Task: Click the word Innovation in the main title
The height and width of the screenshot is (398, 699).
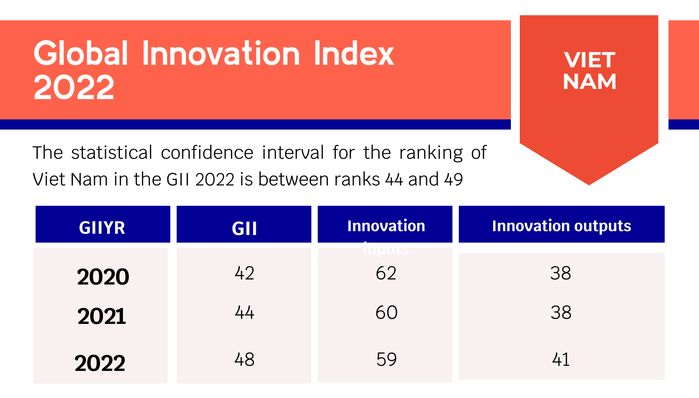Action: pyautogui.click(x=221, y=54)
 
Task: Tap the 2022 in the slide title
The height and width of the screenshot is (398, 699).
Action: pyautogui.click(x=74, y=88)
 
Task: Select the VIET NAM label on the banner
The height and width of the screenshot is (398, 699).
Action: pyautogui.click(x=589, y=71)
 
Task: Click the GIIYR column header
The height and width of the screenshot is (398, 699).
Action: pyautogui.click(x=102, y=228)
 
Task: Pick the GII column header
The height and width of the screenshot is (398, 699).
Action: pyautogui.click(x=244, y=229)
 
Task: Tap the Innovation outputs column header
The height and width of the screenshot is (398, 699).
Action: pyautogui.click(x=561, y=226)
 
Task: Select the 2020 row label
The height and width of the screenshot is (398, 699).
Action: pyautogui.click(x=103, y=277)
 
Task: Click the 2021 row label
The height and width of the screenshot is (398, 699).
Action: pyautogui.click(x=102, y=316)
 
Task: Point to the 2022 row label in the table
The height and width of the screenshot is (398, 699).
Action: pyautogui.click(x=100, y=363)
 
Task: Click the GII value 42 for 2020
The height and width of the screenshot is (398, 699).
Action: pyautogui.click(x=244, y=273)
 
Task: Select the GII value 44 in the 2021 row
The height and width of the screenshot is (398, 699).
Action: pyautogui.click(x=244, y=312)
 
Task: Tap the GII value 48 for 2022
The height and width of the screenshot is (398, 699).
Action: pyautogui.click(x=244, y=359)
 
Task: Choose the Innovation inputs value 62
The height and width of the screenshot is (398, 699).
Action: pyautogui.click(x=386, y=273)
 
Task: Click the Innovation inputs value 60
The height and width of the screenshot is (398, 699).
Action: pyautogui.click(x=386, y=312)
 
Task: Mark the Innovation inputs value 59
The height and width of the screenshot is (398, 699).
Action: pyautogui.click(x=386, y=359)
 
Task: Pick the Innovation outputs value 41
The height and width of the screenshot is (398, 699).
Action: pyautogui.click(x=561, y=359)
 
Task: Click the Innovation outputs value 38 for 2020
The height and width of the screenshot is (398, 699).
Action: pyautogui.click(x=561, y=273)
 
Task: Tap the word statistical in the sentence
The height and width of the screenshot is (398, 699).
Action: pyautogui.click(x=111, y=152)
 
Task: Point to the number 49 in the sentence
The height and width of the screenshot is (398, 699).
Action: pyautogui.click(x=453, y=180)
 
